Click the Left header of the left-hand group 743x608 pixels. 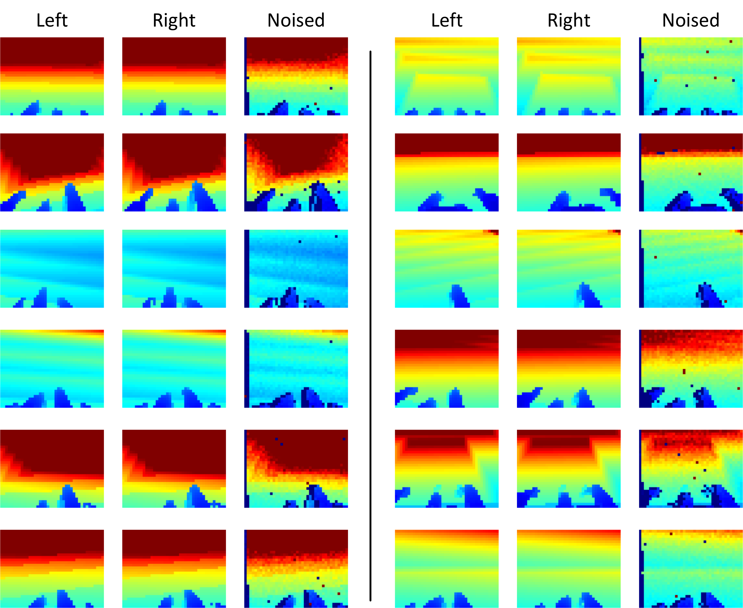point(52,20)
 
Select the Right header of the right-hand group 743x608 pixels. point(569,20)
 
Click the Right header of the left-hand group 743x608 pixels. point(174,20)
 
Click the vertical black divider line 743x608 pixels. point(370,315)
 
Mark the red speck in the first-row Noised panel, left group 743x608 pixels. point(315,104)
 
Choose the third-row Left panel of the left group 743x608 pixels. point(52,269)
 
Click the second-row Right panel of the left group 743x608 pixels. point(174,172)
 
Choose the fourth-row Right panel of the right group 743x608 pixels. point(569,369)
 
